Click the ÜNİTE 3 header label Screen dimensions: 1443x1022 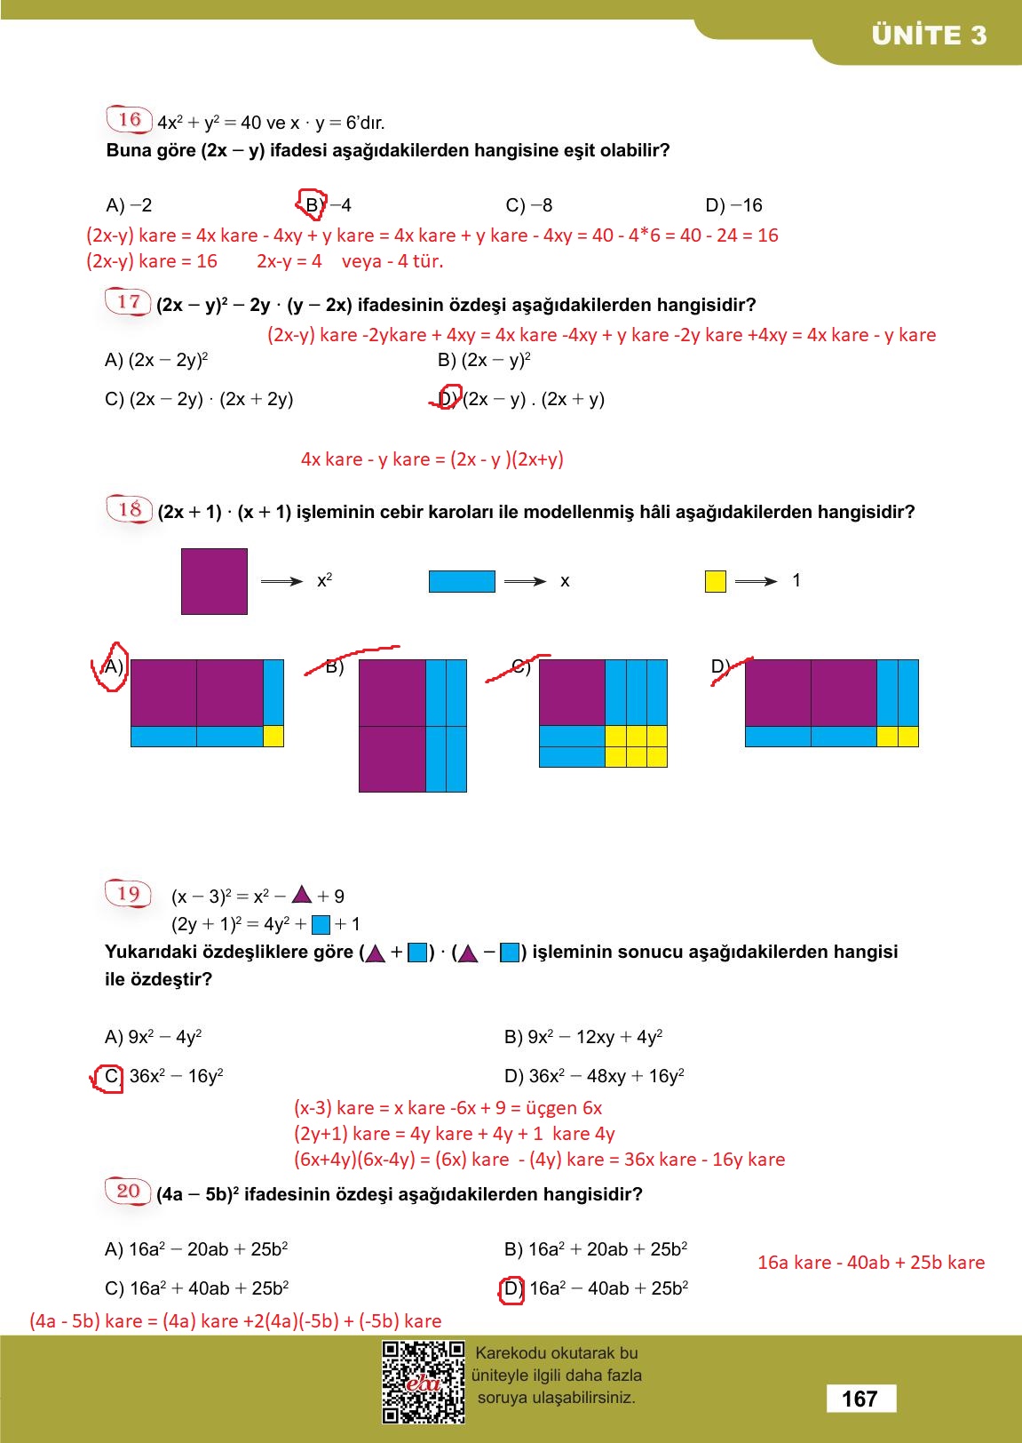coord(929,36)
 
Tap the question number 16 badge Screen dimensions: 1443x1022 coord(129,119)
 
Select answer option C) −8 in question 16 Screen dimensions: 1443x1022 coord(529,205)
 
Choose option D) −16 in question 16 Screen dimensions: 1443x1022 coord(733,205)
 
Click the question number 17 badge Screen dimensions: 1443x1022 coord(129,301)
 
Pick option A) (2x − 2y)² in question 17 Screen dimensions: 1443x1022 coord(156,360)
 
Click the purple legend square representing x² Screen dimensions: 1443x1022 coord(214,581)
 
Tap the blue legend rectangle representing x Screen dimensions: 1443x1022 coord(462,581)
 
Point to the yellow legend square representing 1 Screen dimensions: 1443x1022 coord(715,581)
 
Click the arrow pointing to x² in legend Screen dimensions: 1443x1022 coord(281,581)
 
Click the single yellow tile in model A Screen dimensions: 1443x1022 coord(273,736)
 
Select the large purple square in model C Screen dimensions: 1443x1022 coord(572,692)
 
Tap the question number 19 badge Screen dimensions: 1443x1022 coord(129,893)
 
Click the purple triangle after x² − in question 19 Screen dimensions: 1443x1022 coord(302,894)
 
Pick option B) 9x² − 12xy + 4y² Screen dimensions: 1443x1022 coord(583,1037)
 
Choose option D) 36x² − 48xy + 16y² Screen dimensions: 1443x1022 coord(594,1076)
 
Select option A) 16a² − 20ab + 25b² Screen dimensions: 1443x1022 coord(196,1249)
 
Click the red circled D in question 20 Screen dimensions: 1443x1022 coord(512,1288)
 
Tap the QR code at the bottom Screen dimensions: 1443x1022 coord(424,1382)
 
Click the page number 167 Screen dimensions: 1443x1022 coord(860,1399)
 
